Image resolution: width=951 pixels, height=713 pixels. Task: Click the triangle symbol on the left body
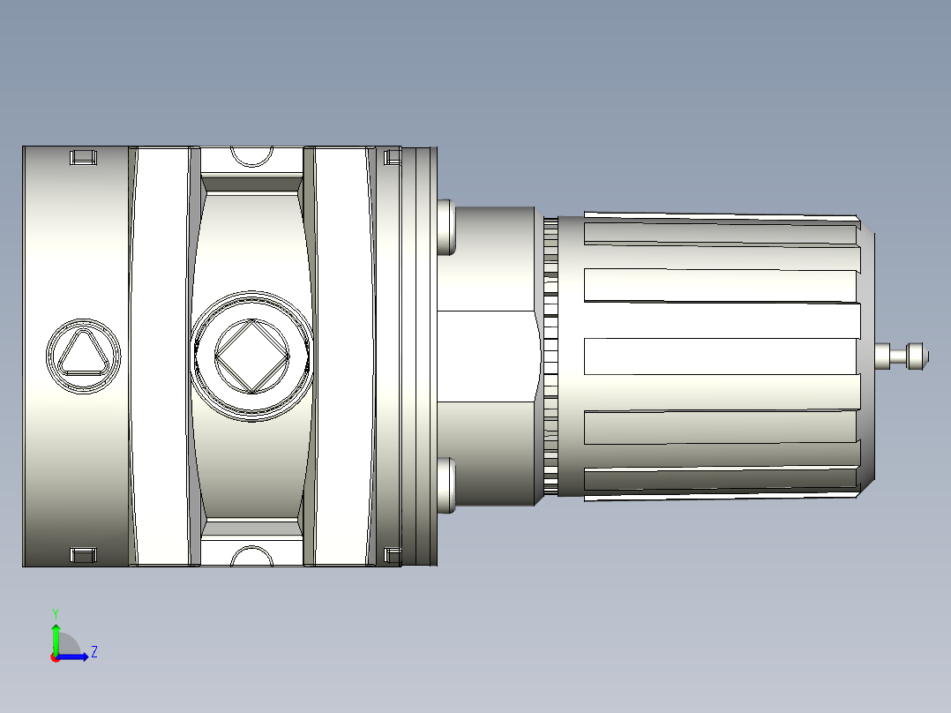81,355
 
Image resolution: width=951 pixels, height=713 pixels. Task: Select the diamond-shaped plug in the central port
252,356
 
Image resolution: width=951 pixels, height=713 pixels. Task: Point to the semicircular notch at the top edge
251,156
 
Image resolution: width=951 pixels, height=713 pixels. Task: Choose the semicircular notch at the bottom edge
251,555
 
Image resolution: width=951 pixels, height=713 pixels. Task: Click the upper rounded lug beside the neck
446,227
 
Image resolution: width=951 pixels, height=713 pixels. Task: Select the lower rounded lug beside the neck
446,484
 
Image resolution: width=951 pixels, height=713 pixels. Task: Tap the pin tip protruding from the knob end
917,356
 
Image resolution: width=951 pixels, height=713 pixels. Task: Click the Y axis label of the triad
55,612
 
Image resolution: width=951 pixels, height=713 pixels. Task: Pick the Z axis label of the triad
94,653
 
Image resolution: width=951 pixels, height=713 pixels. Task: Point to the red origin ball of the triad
56,657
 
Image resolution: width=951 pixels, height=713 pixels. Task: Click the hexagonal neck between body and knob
487,356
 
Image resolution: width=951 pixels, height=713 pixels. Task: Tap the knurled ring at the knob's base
550,356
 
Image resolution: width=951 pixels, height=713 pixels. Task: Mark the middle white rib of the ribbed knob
720,356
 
